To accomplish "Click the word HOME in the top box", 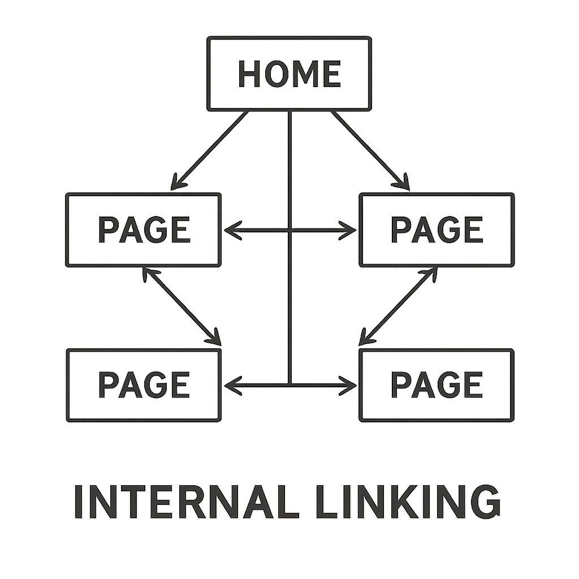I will (x=289, y=74).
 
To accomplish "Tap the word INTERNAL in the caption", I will (x=186, y=502).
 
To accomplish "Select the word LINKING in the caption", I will (x=408, y=502).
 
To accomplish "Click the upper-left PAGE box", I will (x=143, y=230).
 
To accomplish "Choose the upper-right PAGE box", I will (x=437, y=230).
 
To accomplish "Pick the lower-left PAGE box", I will (x=143, y=385).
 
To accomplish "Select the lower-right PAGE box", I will (x=437, y=385).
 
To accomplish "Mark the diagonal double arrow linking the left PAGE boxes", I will (x=181, y=306).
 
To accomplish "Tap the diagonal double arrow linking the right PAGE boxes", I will (x=399, y=306).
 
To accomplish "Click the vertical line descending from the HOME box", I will (x=289, y=170).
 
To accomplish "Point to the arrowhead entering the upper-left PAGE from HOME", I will (x=176, y=184).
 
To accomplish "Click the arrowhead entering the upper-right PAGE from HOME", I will (x=404, y=184).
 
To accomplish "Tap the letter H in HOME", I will (x=249, y=74).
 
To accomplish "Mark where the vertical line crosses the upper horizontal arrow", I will (x=289, y=230).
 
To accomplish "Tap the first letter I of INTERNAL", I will (x=79, y=502).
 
